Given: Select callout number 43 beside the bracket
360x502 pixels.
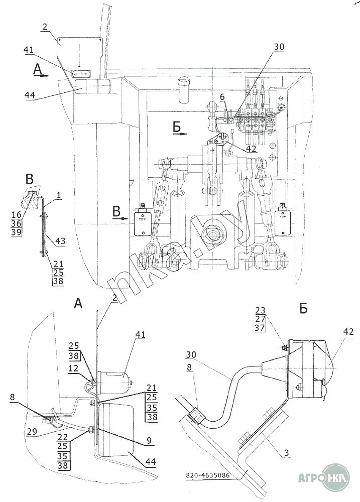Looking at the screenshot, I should [60, 242].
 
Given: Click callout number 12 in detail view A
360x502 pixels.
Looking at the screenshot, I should [73, 368].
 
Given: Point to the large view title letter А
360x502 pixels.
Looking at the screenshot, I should [79, 303].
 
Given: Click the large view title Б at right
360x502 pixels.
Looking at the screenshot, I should [303, 309].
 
